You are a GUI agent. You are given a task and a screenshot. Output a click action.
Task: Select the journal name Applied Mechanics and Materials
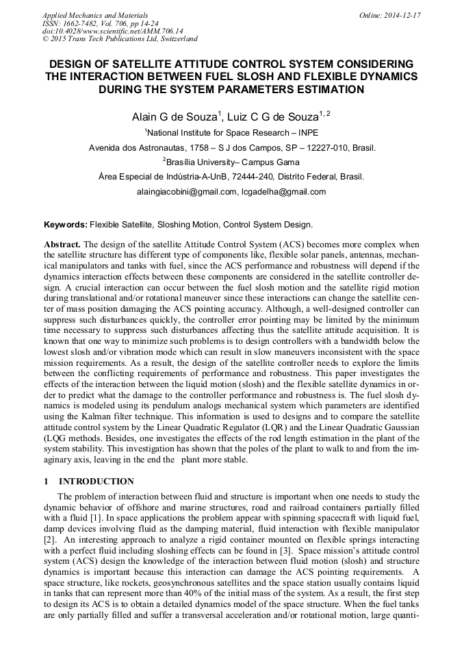95,15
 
